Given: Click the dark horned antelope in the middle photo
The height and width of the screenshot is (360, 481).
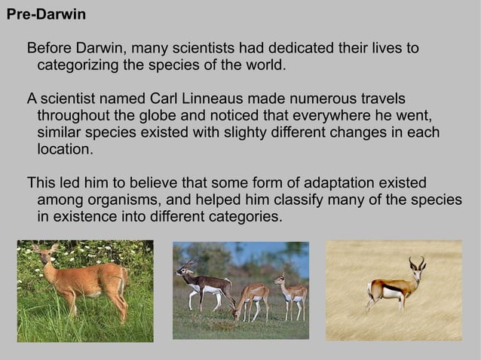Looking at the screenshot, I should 204,285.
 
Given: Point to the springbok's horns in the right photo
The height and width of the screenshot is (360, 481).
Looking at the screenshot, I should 416,263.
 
